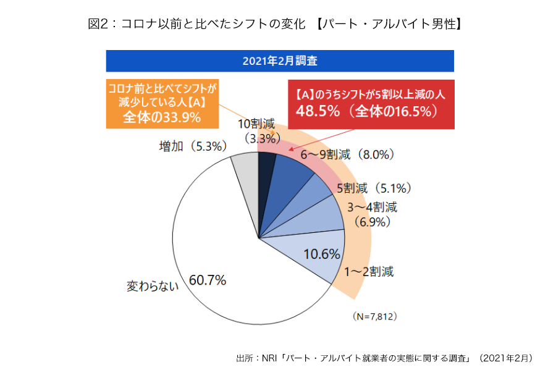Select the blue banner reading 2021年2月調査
(x=280, y=61)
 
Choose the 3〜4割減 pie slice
(x=321, y=219)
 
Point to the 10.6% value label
(x=322, y=253)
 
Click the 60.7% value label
(x=208, y=280)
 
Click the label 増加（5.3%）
(x=193, y=146)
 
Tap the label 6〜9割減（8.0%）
(x=348, y=155)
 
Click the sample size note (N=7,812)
(x=375, y=316)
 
